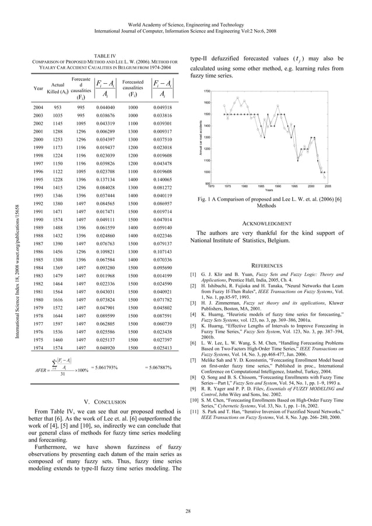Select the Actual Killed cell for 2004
(58, 108)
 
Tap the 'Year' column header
(38, 89)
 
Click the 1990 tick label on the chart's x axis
(278, 186)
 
